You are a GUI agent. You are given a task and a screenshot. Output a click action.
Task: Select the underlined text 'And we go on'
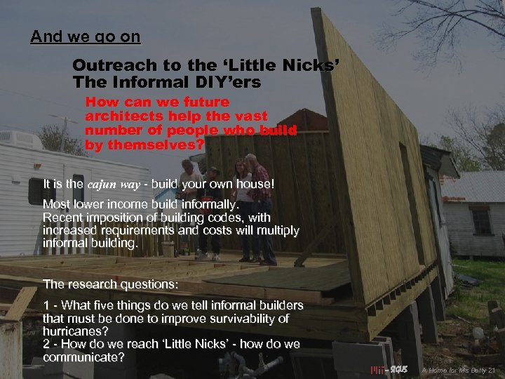[85, 37]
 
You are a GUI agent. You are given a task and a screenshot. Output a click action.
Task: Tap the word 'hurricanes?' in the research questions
[76, 331]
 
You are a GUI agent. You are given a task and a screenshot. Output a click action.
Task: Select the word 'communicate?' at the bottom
[83, 358]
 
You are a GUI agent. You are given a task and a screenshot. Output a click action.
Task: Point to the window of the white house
[482, 221]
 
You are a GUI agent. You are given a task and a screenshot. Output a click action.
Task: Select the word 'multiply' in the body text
[278, 230]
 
